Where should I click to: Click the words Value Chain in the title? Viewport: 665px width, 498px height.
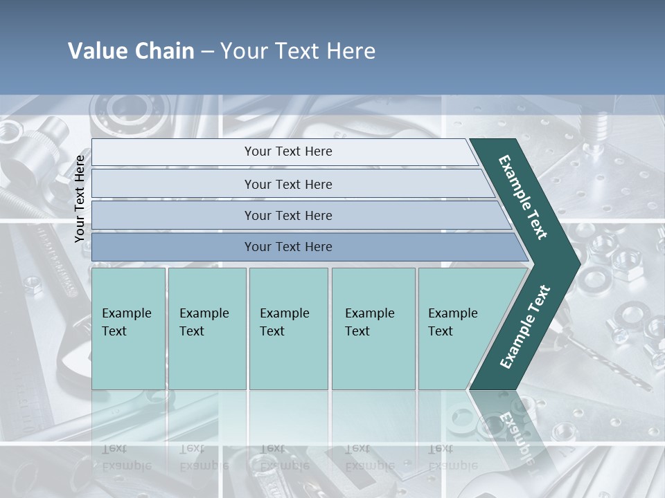coord(131,51)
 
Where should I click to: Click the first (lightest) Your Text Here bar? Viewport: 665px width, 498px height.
coord(288,151)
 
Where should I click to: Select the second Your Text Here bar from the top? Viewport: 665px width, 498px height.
coord(288,184)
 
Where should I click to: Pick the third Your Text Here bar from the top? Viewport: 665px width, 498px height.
coord(288,215)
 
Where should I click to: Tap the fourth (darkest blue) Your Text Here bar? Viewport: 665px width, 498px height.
coord(288,247)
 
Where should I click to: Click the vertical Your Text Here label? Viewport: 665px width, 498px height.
coord(80,199)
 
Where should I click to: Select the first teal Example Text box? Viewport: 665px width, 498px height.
coord(128,329)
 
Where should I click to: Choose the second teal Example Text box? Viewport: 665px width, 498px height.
coord(206,329)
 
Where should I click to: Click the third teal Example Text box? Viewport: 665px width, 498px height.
coord(288,329)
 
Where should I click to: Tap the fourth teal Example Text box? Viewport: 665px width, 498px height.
coord(373,329)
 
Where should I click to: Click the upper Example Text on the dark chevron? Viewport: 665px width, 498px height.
coord(523,197)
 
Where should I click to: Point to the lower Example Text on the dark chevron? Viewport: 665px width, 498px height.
coord(524,327)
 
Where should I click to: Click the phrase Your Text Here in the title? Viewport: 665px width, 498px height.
coord(298,51)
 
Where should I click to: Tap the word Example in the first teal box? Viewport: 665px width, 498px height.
coord(127,313)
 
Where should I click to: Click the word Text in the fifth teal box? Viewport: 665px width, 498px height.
coord(441,331)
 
